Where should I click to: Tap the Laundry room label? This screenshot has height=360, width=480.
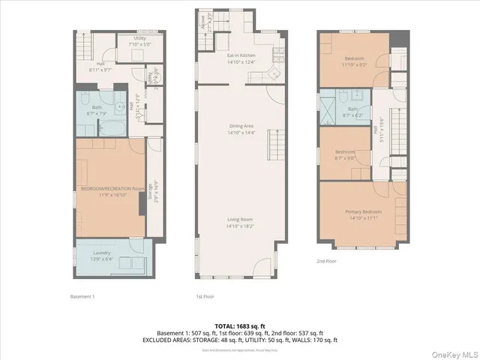(x=101, y=253)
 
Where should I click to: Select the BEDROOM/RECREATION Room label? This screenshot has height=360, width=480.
(x=111, y=188)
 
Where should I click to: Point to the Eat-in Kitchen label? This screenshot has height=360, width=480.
(x=241, y=56)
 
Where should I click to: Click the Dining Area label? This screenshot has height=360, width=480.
(x=241, y=127)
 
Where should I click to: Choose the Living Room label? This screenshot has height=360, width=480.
(x=241, y=220)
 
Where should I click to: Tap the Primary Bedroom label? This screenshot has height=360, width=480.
(x=364, y=212)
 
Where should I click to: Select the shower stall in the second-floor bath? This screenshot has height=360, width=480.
(x=328, y=106)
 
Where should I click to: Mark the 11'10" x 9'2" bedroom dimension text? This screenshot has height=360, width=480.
(x=355, y=64)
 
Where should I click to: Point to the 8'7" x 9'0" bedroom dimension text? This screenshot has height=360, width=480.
(x=344, y=157)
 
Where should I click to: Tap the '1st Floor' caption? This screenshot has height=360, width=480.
(x=205, y=296)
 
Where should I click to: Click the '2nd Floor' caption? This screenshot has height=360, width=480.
(x=327, y=260)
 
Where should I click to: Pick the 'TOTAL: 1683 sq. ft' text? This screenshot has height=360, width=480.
(x=240, y=325)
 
